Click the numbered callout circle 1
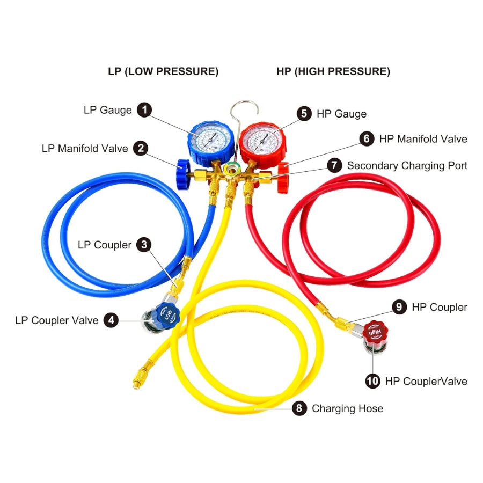click(x=144, y=110)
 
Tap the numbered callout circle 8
click(x=299, y=408)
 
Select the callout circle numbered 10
click(x=372, y=381)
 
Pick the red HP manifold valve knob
click(x=283, y=175)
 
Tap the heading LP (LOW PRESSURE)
click(x=163, y=71)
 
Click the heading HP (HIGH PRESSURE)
click(x=333, y=71)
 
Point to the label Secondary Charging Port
click(x=407, y=165)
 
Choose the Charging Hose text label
click(x=348, y=408)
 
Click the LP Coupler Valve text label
click(x=57, y=320)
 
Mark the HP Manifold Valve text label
click(x=423, y=138)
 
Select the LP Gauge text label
click(x=107, y=110)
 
